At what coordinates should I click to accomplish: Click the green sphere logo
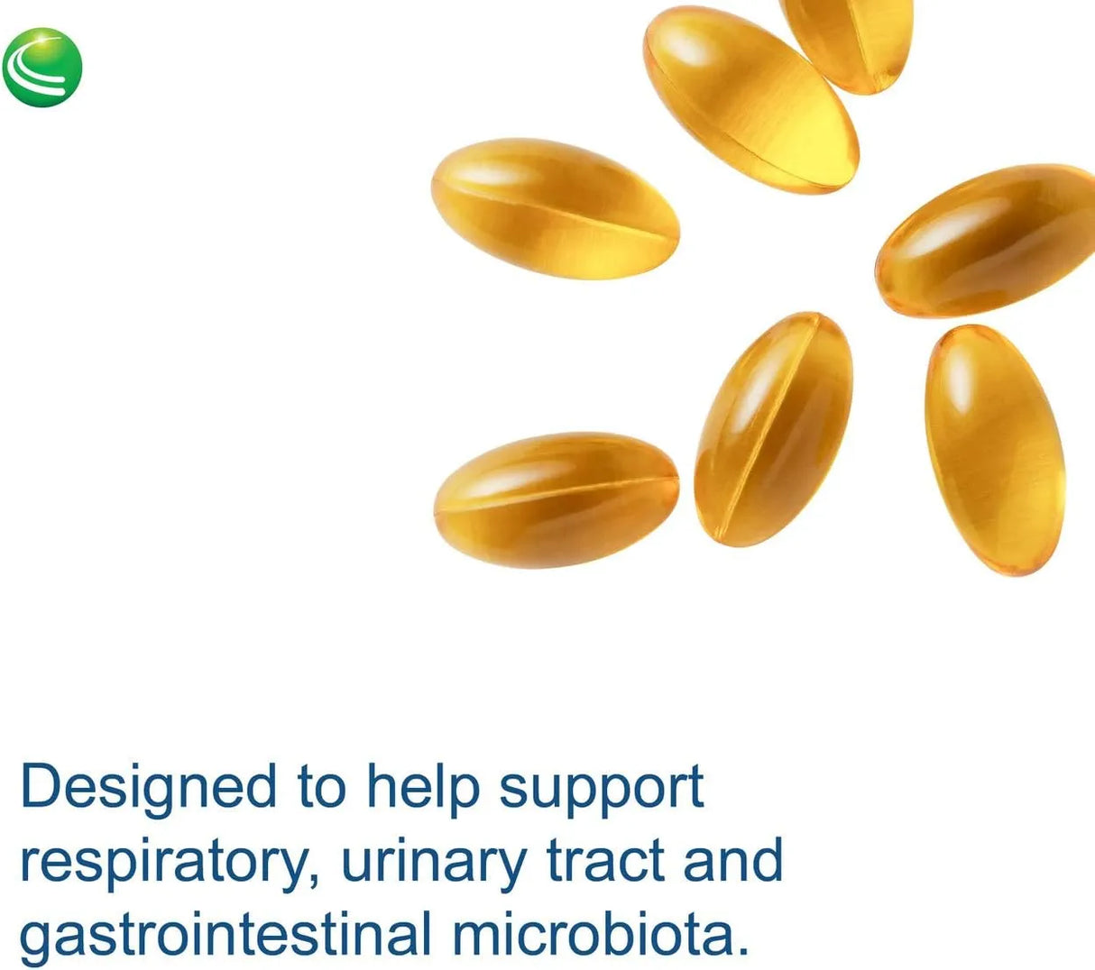pos(42,68)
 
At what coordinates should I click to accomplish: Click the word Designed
pos(148,786)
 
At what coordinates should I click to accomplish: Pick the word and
pos(732,860)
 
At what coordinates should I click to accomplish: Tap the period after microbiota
pos(741,950)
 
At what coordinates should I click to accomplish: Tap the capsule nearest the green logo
pos(556,208)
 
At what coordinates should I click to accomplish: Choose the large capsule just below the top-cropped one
pos(750,99)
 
